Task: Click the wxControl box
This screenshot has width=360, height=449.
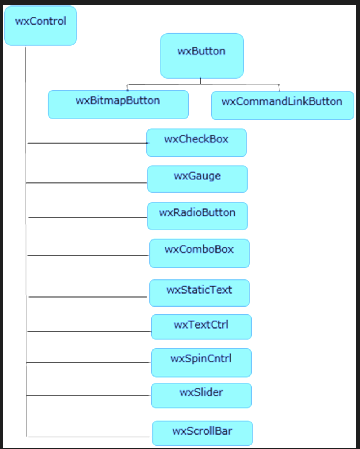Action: pos(41,26)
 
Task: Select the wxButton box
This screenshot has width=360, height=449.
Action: pos(202,56)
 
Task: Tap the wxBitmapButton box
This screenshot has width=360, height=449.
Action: pos(119,105)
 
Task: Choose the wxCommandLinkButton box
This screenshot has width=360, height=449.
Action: pos(283,105)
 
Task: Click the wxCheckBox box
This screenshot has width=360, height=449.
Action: pos(196,143)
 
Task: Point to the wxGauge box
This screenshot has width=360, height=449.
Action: pos(197,179)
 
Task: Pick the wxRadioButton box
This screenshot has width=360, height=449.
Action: pos(197,216)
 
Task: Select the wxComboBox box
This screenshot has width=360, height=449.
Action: pos(200,253)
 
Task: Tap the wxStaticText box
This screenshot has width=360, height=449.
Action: pos(200,293)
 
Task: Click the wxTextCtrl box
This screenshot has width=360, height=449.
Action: pos(201,327)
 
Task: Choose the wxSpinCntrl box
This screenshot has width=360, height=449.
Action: pos(201,362)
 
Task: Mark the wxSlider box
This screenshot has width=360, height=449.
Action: pos(201,396)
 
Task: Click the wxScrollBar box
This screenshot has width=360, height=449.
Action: pos(203,433)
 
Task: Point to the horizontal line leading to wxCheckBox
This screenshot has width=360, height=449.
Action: pos(88,143)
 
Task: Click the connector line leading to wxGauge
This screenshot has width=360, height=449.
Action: pos(86,183)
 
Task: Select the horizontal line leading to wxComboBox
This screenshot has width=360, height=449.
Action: pos(88,255)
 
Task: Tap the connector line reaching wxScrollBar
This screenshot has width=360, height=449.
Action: pos(89,437)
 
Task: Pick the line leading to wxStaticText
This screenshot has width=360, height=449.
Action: pos(88,297)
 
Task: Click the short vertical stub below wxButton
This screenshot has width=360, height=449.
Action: pos(200,81)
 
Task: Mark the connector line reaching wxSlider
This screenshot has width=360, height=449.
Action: pos(89,395)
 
